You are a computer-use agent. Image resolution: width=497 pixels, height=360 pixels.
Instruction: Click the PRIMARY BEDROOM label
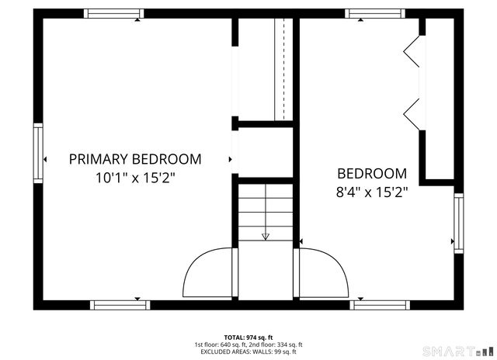(x=135, y=159)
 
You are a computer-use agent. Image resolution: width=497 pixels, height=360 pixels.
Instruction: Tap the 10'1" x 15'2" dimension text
(x=135, y=178)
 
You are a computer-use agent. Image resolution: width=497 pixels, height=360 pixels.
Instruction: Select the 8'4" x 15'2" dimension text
(x=371, y=191)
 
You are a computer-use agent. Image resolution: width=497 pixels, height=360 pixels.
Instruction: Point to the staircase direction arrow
(x=265, y=236)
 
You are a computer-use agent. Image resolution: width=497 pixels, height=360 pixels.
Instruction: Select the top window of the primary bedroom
(x=114, y=13)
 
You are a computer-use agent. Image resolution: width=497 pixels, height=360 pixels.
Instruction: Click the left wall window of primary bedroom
(x=36, y=152)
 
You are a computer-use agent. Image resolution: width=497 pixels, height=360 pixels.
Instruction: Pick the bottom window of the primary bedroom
(x=119, y=304)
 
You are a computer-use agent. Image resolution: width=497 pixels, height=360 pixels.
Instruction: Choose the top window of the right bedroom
(x=375, y=13)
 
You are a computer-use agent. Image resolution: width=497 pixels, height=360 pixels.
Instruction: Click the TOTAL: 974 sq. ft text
(x=248, y=337)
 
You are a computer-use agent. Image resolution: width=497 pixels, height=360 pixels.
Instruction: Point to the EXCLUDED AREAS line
(x=248, y=351)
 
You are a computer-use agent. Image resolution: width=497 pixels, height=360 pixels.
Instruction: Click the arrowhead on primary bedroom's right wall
(x=231, y=159)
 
